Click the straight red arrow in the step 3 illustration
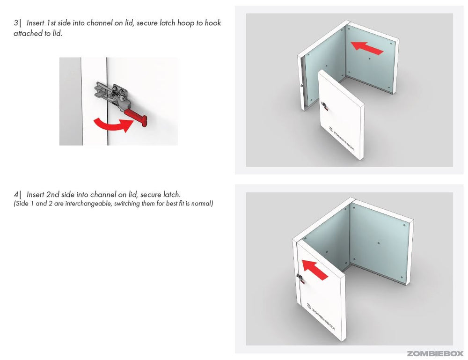click(367, 48)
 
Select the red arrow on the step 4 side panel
click(315, 269)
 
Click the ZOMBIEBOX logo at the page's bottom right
click(435, 354)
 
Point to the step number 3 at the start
click(15, 23)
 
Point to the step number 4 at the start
click(16, 195)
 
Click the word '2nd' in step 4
click(53, 195)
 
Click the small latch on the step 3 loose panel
click(324, 106)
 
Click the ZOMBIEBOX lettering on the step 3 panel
click(342, 140)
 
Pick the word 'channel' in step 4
click(102, 195)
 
